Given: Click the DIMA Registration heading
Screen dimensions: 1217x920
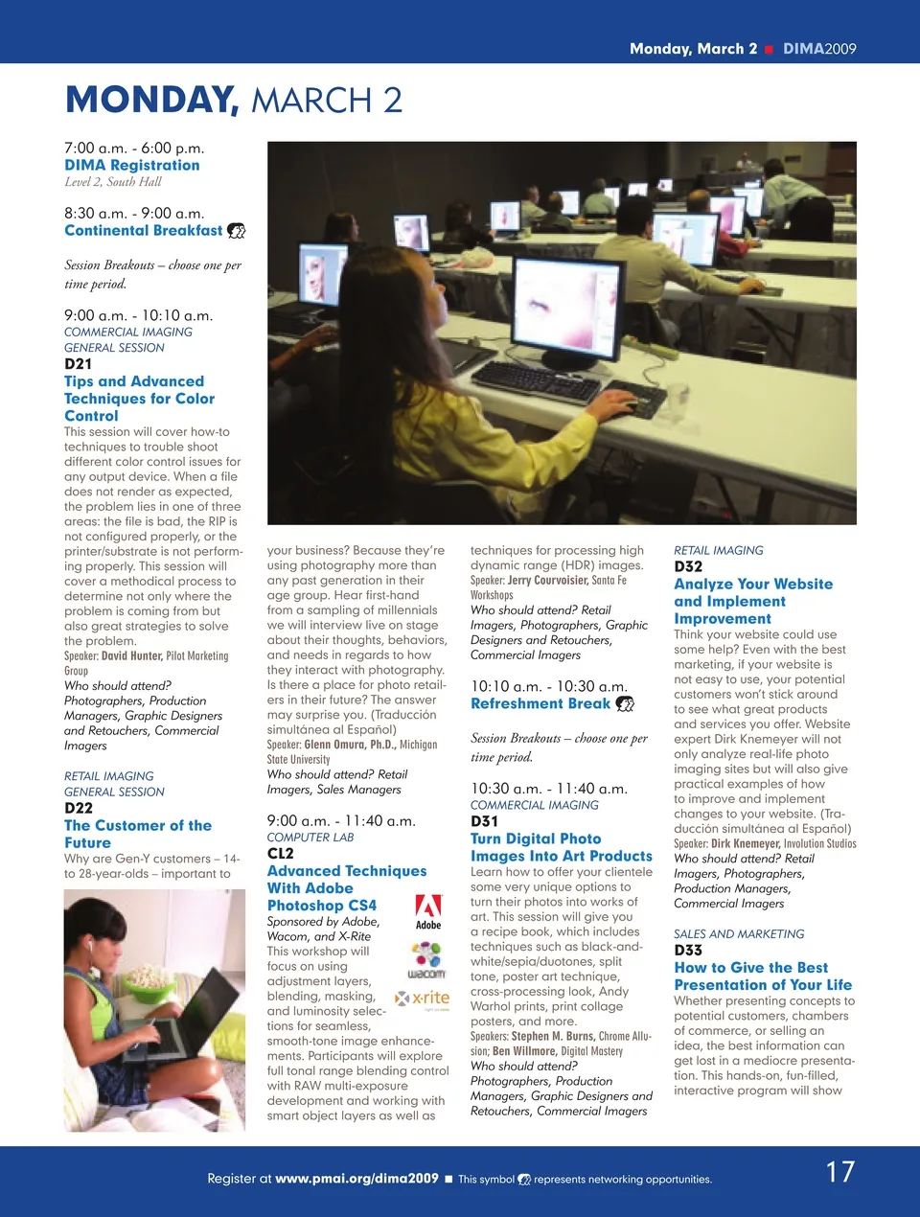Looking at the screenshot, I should pos(132,165).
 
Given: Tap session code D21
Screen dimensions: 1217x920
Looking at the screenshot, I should pos(79,364).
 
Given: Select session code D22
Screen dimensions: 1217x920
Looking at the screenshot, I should pos(79,808).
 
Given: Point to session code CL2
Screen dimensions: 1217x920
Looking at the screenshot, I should pos(281,853).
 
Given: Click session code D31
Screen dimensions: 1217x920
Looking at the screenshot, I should pos(484,821).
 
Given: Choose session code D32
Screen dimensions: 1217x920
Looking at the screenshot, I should pos(688,566).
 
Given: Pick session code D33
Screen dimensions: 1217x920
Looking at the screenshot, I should pos(688,950).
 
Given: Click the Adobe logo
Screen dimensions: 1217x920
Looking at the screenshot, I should pos(428,911).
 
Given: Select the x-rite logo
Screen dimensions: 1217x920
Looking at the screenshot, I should pos(423,999).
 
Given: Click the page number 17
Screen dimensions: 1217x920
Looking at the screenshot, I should pos(839,1172).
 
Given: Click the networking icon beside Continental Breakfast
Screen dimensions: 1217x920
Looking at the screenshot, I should pos(236,231).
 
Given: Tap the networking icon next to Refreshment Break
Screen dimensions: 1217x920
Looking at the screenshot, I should pos(624,704).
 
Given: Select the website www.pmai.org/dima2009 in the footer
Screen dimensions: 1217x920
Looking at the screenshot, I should pos(356,1179).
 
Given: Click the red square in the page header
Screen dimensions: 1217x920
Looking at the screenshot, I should pos(769,49).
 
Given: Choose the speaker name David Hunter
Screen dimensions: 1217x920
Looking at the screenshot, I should pos(131,656).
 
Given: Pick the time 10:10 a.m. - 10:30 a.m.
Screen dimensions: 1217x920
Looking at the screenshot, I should pos(548,686).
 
